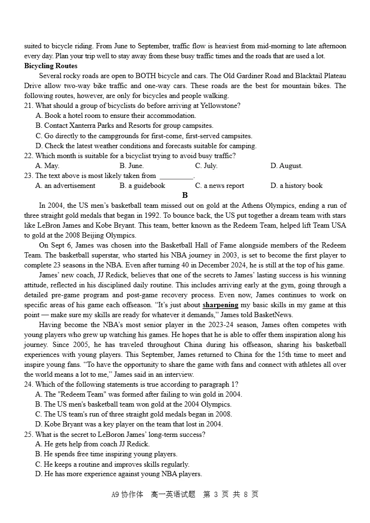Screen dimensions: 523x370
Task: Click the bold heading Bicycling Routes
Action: [51, 66]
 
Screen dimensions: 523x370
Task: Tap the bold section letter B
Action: [185, 195]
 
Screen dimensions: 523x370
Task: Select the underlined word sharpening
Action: [220, 305]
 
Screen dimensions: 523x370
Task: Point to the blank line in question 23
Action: [176, 176]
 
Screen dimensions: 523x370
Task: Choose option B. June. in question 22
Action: [132, 166]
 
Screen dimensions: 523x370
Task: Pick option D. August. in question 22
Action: [286, 166]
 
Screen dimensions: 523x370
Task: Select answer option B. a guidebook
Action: [142, 186]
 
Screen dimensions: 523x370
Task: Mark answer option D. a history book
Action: [296, 186]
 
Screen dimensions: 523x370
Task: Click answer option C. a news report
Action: [220, 186]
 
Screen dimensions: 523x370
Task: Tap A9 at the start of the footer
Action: [115, 495]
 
